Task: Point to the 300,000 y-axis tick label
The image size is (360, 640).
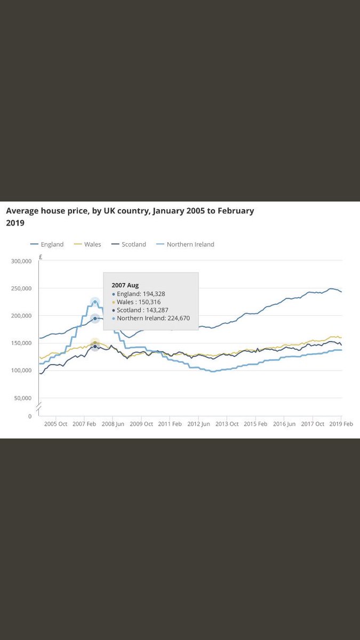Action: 21,261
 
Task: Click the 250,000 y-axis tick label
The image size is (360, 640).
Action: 21,289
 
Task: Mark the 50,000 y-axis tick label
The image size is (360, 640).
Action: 23,398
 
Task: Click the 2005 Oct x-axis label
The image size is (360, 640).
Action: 55,424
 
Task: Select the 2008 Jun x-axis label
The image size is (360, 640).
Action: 113,424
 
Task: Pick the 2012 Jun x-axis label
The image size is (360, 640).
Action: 198,424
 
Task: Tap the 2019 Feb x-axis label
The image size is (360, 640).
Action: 341,424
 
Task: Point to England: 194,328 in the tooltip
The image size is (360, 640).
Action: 141,293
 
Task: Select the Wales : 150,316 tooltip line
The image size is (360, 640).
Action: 138,302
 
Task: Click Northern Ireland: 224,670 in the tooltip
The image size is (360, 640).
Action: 153,318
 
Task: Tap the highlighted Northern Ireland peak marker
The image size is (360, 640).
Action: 95,302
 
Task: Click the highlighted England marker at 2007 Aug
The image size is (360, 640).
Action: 95,318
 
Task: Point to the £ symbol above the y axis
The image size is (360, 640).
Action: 41,257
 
